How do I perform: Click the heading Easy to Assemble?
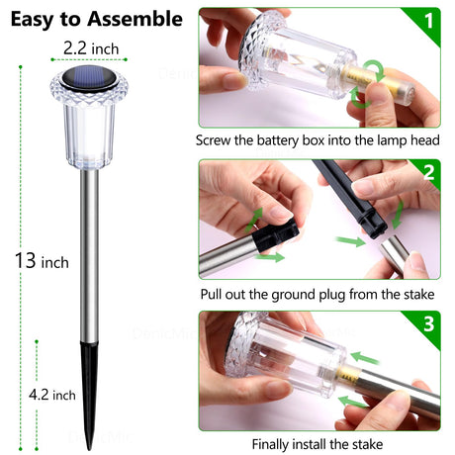(97, 19)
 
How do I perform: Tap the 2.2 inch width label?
(91, 48)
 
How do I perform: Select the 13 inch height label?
(42, 261)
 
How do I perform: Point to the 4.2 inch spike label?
(52, 395)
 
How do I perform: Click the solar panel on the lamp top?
(89, 78)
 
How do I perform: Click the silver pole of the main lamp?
(89, 256)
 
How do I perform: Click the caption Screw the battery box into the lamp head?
(318, 140)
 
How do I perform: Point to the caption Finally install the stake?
(318, 444)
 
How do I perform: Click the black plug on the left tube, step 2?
(276, 234)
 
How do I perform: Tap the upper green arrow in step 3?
(364, 358)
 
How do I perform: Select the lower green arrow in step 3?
(353, 403)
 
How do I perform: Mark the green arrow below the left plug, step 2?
(270, 257)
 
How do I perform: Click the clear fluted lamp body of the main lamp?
(89, 131)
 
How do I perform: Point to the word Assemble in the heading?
(135, 19)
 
